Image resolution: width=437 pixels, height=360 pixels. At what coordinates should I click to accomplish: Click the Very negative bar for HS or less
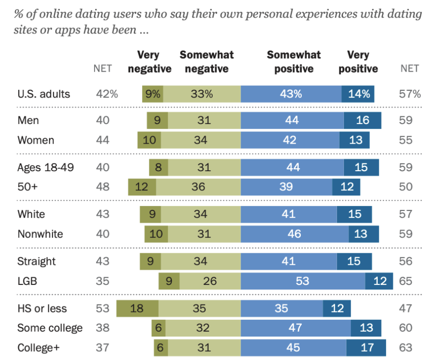[x=137, y=309]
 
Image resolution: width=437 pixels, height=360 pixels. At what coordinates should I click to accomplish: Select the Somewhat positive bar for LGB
[x=303, y=282]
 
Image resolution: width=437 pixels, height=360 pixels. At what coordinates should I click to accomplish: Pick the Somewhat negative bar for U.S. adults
[x=202, y=94]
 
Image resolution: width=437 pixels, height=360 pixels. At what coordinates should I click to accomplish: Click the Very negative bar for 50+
[x=142, y=187]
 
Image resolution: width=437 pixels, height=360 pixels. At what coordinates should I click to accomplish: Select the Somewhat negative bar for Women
[x=200, y=140]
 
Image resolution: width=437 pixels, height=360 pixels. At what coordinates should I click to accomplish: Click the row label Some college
[x=50, y=328]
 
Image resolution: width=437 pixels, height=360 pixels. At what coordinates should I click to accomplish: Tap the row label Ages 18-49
[x=46, y=167]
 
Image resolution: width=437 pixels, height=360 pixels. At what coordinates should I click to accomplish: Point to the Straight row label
[x=37, y=261]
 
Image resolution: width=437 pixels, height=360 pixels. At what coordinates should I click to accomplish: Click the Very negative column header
[x=149, y=62]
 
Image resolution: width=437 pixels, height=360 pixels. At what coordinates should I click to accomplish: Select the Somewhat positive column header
[x=293, y=62]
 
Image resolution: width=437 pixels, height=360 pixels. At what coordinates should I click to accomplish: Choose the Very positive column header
[x=358, y=62]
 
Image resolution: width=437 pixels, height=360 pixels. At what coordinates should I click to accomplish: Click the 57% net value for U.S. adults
[x=410, y=94]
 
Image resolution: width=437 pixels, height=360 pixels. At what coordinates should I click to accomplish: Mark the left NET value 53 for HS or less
[x=102, y=309]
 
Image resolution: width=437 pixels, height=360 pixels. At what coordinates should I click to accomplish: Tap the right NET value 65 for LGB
[x=406, y=282]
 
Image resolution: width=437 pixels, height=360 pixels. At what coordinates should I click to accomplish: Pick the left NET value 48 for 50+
[x=102, y=187]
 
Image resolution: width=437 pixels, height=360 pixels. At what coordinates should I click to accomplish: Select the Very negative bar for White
[x=150, y=214]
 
